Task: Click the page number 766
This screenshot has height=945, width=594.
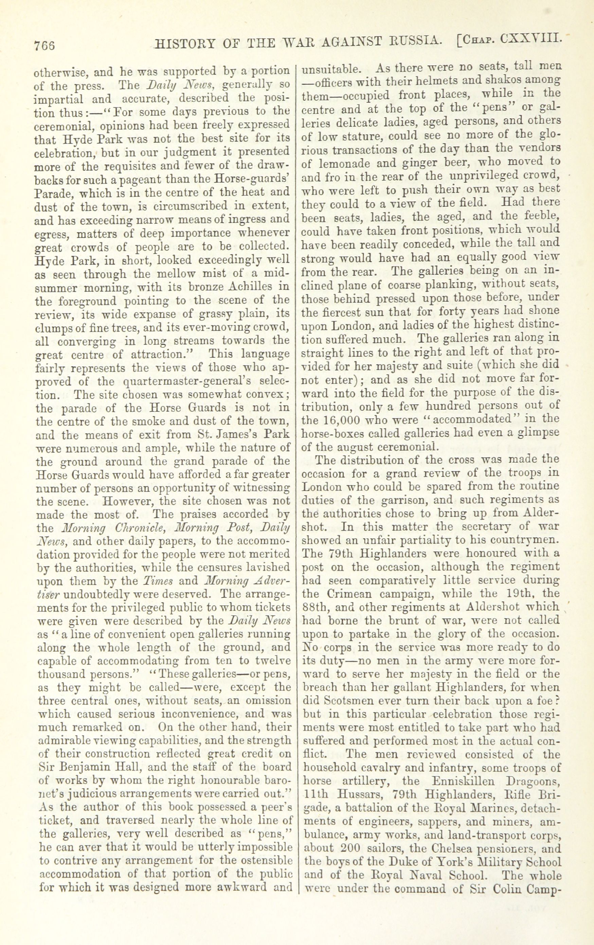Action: pyautogui.click(x=44, y=45)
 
